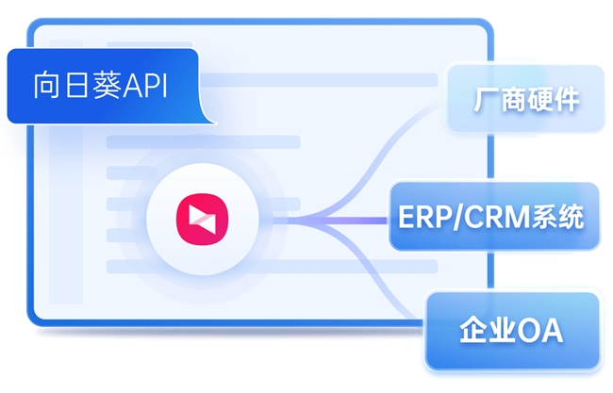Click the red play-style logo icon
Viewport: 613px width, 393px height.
202,220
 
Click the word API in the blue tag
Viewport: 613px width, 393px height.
145,86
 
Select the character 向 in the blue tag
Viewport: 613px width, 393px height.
46,86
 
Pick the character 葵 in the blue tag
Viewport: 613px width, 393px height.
108,85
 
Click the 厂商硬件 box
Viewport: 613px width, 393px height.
526,98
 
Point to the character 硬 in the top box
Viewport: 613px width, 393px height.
539,100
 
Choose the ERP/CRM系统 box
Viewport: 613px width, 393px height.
494,216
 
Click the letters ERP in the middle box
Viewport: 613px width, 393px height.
425,217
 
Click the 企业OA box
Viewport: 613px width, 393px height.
513,331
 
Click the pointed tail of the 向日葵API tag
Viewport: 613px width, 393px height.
215,123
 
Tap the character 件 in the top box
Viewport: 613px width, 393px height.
567,100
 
